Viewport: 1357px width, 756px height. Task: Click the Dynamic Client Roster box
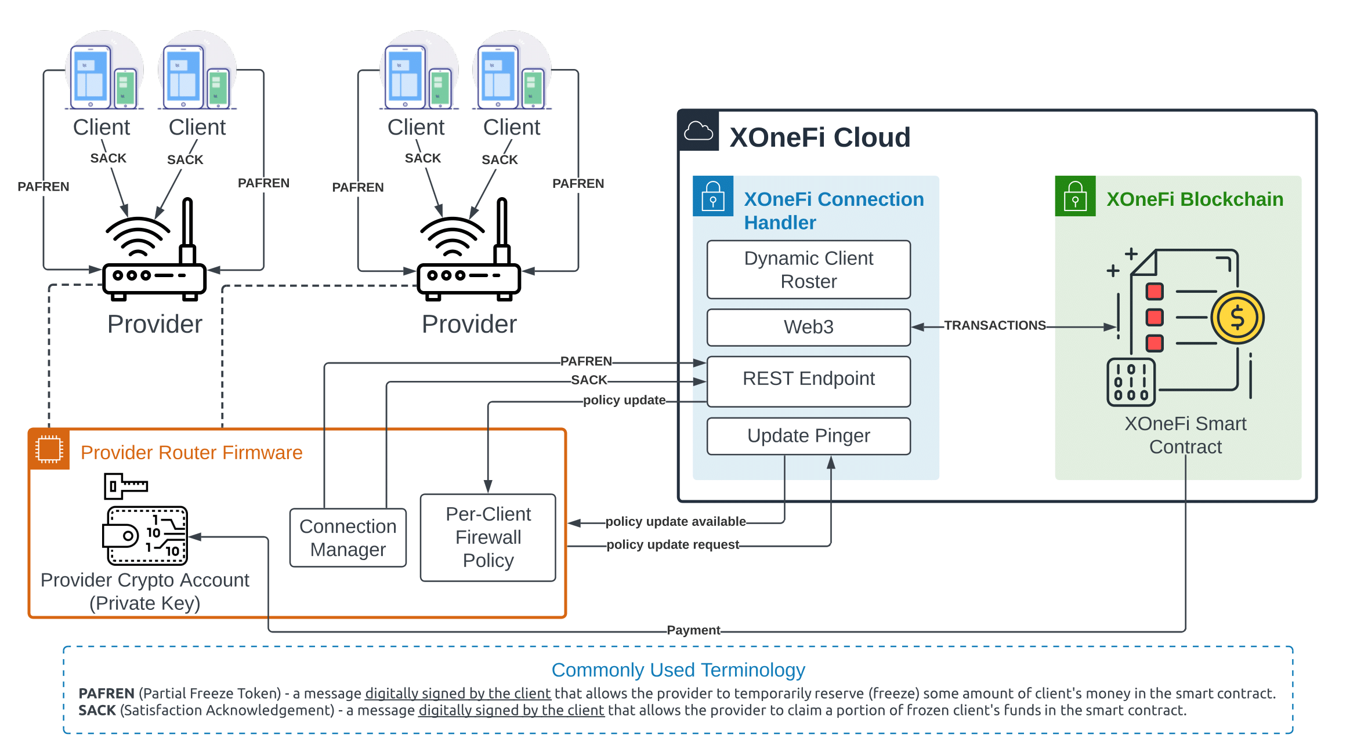(808, 270)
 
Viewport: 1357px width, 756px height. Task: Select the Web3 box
(808, 327)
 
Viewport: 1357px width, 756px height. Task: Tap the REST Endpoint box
(808, 380)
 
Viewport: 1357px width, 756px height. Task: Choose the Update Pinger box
(808, 436)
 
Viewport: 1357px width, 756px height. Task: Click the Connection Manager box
(348, 537)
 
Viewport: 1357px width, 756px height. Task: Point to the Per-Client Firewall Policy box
(488, 537)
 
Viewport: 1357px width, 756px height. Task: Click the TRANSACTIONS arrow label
(994, 325)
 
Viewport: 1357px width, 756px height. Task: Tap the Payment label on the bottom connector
(693, 630)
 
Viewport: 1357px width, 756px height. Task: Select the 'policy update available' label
(675, 522)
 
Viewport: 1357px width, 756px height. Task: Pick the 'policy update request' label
(672, 545)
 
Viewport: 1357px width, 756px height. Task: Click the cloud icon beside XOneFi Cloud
(699, 131)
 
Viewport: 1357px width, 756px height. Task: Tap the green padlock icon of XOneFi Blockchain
(1075, 197)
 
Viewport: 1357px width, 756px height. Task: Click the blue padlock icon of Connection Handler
(713, 197)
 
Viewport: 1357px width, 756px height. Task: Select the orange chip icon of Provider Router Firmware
(49, 449)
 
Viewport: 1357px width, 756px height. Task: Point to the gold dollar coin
(1237, 318)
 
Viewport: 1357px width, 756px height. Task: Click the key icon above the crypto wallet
(125, 485)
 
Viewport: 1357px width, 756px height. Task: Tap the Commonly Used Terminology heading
(678, 670)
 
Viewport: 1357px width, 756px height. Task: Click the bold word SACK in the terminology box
(97, 711)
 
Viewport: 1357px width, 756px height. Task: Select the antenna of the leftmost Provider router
(187, 229)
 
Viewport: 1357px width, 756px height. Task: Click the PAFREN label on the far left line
(44, 187)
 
